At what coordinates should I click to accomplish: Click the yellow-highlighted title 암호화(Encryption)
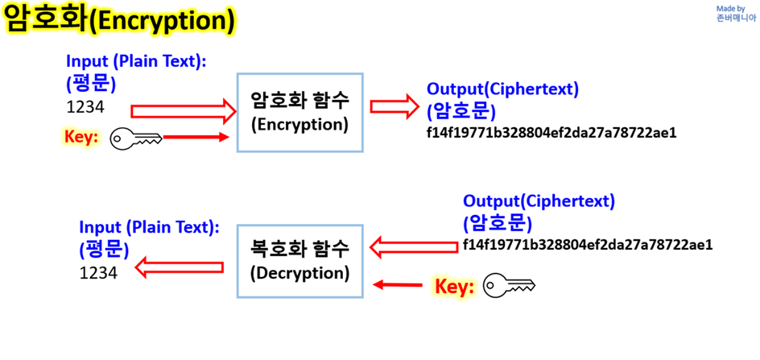click(x=120, y=19)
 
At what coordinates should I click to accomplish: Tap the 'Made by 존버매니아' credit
click(x=736, y=14)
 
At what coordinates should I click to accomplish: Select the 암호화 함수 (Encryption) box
click(x=299, y=111)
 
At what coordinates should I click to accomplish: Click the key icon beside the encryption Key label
click(x=136, y=139)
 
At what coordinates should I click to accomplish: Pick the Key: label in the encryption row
click(x=81, y=138)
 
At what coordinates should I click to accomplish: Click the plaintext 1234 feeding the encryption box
click(x=85, y=107)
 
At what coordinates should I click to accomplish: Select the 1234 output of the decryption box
click(x=98, y=273)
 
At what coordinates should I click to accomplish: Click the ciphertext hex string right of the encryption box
click(x=551, y=132)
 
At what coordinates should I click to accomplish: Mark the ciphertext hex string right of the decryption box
click(x=588, y=244)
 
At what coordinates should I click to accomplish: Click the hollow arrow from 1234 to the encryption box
click(x=180, y=111)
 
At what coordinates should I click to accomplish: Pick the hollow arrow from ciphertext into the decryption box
click(x=412, y=246)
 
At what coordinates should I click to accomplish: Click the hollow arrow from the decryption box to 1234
click(x=178, y=266)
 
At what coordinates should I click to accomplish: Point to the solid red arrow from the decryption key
click(x=399, y=284)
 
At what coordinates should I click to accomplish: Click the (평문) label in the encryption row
click(x=91, y=83)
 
